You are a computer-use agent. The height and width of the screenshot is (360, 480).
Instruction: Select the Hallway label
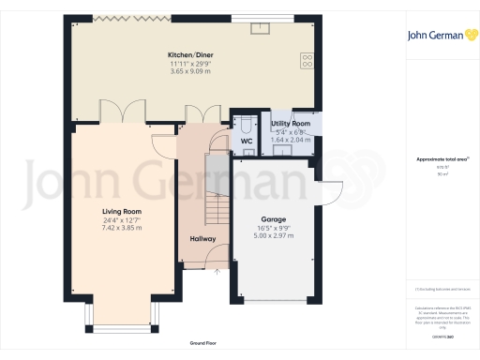202,238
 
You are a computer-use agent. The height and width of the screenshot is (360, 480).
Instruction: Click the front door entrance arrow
217,273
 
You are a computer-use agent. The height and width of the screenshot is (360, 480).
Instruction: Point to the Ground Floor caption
203,344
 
